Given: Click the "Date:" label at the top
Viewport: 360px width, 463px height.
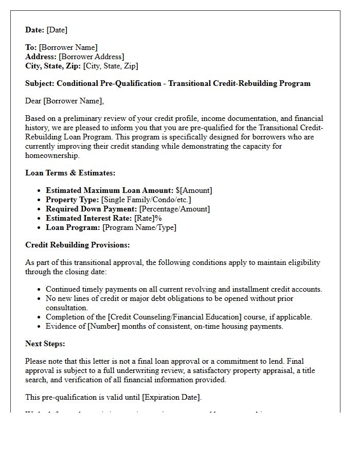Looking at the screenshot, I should coord(35,30).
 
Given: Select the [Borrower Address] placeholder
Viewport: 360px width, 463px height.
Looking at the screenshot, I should coord(91,57).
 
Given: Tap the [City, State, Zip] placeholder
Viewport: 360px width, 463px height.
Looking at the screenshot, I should coord(110,66).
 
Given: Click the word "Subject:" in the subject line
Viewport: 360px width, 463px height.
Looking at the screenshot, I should coord(40,83).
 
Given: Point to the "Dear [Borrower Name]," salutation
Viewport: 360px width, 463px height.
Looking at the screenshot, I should coord(64,101).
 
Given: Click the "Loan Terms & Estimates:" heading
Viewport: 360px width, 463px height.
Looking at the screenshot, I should coord(70,173).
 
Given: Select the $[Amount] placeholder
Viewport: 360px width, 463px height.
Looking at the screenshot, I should coord(193,190).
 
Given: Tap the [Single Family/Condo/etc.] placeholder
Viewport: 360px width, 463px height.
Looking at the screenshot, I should coord(146,200).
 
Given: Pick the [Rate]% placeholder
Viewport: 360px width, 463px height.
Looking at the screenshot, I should coord(148,218).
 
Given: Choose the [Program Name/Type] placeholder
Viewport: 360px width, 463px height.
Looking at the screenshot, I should coord(139,227).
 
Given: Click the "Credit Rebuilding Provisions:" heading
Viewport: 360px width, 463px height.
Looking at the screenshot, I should coord(78,245).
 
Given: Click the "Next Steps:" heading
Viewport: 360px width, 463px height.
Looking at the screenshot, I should coord(45,344).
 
